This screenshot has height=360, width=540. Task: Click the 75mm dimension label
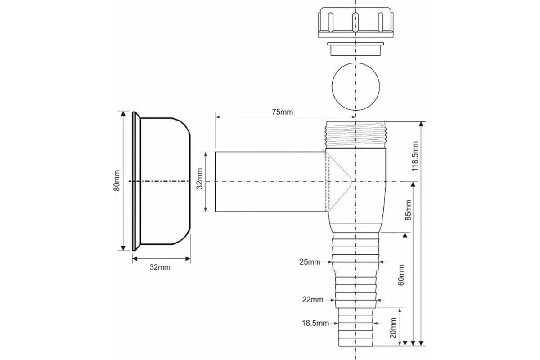point(282,112)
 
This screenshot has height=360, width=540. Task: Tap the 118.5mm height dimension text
point(414,156)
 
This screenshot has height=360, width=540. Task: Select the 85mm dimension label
point(408,210)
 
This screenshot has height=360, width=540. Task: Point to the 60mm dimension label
point(400,275)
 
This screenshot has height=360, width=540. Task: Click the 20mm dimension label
point(393,328)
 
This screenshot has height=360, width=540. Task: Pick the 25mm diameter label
point(310,262)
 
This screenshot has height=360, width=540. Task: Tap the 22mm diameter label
point(313,300)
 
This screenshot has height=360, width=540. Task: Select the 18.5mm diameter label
point(315,323)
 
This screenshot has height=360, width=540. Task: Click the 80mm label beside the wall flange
point(117,180)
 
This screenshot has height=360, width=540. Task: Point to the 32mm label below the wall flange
point(160,267)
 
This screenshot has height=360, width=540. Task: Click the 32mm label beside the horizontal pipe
point(200,179)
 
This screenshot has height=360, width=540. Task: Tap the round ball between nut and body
point(356,86)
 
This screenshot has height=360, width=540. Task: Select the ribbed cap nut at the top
point(356,22)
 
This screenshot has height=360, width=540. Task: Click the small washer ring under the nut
point(355,49)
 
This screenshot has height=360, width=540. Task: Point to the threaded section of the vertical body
point(356,135)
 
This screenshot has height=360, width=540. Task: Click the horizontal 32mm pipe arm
point(270,182)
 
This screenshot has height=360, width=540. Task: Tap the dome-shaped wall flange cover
point(161,181)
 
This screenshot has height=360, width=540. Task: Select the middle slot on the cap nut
point(355,22)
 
